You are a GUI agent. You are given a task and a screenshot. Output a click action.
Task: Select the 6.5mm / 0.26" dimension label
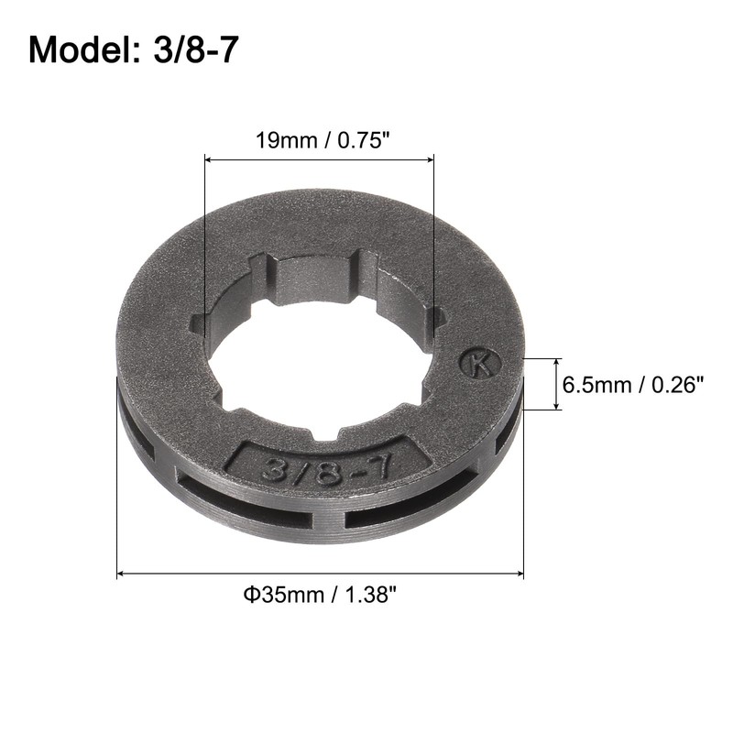(633, 385)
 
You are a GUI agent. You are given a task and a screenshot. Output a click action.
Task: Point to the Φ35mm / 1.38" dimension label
(321, 596)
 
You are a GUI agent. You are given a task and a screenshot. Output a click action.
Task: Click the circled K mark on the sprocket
(479, 364)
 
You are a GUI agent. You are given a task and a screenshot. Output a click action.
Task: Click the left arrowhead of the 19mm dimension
(207, 160)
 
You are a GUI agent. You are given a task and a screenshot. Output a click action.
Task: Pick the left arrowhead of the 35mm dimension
(123, 574)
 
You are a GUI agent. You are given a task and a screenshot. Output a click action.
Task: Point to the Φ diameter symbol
(249, 596)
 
